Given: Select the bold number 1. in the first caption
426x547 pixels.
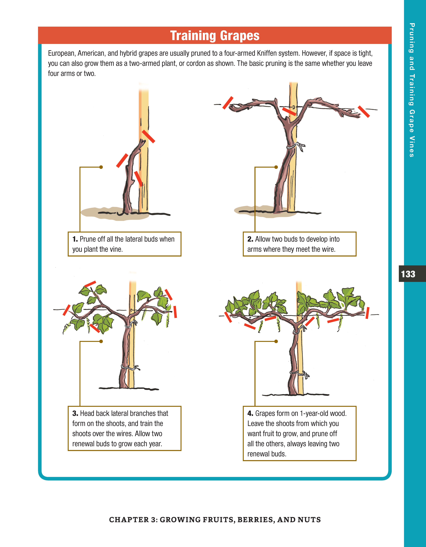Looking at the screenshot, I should (75, 239).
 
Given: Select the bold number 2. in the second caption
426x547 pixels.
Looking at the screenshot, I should (250, 239).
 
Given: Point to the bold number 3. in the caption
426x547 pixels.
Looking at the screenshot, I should (75, 414).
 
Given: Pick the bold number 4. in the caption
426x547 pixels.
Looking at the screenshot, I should (250, 414).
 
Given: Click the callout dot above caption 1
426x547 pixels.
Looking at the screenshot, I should (101, 167).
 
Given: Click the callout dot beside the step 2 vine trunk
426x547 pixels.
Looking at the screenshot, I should (276, 167).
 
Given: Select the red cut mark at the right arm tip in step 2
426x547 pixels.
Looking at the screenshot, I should (364, 111).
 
